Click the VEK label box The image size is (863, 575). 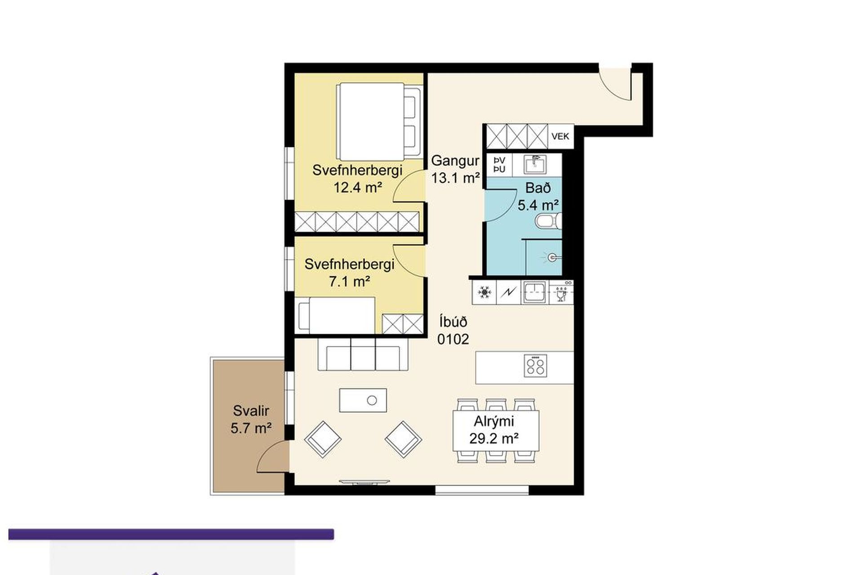tap(561, 136)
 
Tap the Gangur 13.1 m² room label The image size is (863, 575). tap(455, 169)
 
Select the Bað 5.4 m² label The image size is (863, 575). tap(538, 196)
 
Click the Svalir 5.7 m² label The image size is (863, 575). tap(251, 419)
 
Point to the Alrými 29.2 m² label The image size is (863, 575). tap(494, 430)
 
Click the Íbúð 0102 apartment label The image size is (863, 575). tap(453, 330)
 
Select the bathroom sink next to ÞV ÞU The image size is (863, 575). tap(534, 165)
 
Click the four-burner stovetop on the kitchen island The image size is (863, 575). tap(535, 365)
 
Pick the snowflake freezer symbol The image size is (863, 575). tap(485, 293)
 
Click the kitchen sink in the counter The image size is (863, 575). tap(534, 292)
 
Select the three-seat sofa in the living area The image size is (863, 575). tap(363, 354)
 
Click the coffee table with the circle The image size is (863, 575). tap(363, 400)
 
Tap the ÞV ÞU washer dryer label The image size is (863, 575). tap(499, 165)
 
